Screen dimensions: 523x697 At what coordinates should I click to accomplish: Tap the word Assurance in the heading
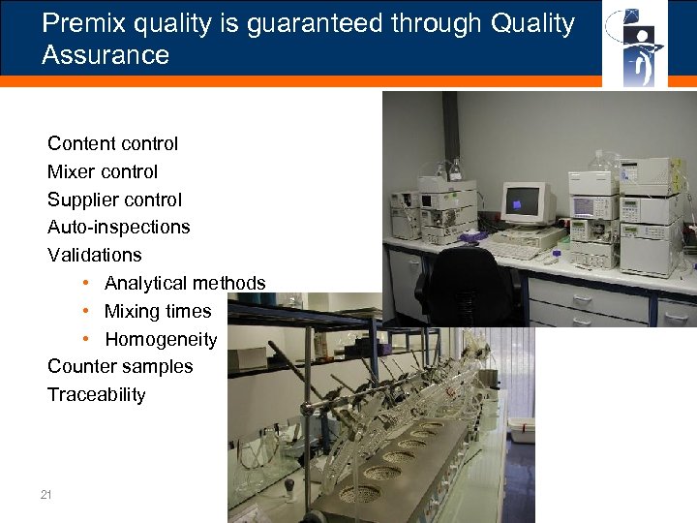click(x=106, y=55)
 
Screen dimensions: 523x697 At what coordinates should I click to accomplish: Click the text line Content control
click(x=112, y=144)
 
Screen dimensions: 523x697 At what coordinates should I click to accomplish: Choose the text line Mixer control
click(x=103, y=172)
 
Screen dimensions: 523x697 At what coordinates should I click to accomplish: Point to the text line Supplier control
click(x=114, y=200)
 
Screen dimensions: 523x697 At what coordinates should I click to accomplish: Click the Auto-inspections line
click(x=119, y=228)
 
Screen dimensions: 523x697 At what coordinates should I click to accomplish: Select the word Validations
click(x=95, y=256)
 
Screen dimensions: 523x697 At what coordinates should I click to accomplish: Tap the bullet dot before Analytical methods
click(x=86, y=283)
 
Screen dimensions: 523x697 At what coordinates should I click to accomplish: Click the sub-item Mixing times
click(x=158, y=312)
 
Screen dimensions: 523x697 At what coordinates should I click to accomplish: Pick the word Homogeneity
click(x=161, y=340)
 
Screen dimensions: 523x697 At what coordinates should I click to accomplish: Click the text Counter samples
click(x=120, y=367)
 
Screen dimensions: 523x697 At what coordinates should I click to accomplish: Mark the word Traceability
click(x=97, y=395)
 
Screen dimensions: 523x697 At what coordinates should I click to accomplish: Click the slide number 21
click(x=46, y=495)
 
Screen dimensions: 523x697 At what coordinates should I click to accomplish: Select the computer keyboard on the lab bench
click(x=511, y=250)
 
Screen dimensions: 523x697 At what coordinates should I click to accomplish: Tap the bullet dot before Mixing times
click(x=86, y=311)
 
